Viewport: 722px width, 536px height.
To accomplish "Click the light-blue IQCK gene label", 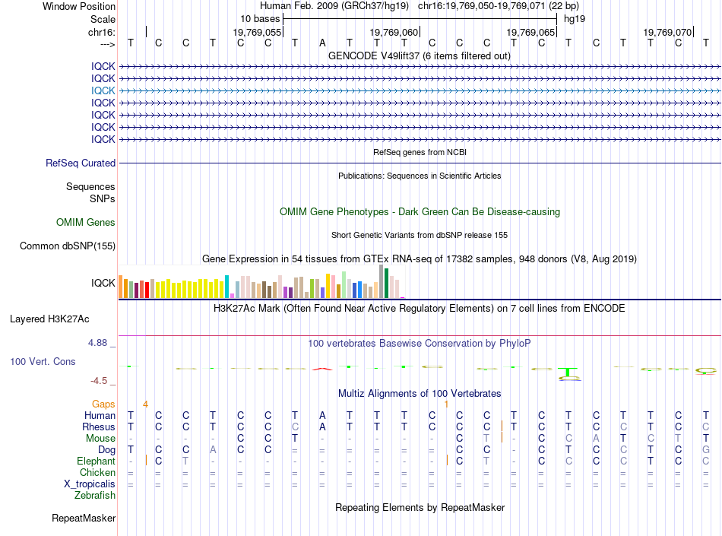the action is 103,90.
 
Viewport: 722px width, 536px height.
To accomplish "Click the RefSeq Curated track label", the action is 81,163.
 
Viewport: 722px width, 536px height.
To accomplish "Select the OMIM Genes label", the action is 86,223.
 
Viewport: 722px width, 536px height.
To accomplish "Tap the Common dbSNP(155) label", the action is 68,246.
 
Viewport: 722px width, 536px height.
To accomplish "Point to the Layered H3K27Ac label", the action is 49,319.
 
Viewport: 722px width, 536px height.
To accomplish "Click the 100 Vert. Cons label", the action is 43,361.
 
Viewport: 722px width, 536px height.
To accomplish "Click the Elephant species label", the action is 97,461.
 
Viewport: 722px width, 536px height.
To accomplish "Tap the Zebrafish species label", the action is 95,496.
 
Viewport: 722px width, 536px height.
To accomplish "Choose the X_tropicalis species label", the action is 90,484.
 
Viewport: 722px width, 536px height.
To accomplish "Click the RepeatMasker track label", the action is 84,518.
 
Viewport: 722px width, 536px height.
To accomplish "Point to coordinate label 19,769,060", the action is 394,32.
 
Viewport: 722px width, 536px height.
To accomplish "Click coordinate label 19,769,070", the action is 667,32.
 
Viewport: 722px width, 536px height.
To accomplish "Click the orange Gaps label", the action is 103,404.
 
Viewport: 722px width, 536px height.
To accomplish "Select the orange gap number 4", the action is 145,404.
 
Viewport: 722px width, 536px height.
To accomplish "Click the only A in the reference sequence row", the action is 322,43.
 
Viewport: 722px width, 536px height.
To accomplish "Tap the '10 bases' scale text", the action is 260,19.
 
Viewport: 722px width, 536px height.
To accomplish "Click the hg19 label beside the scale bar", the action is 575,19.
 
